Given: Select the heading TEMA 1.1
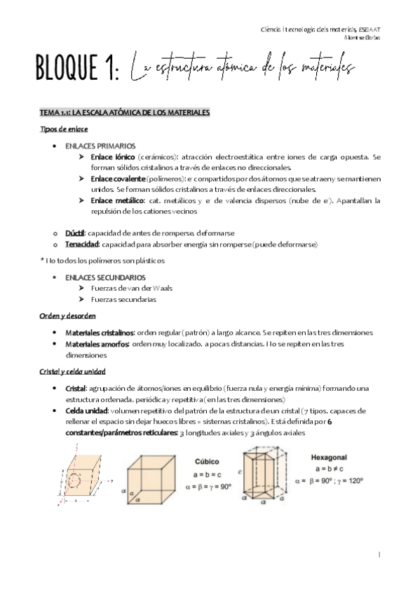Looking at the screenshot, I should [x=124, y=112].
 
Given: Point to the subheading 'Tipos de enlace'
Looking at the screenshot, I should [x=64, y=129].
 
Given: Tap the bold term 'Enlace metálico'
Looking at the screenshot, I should [x=117, y=200].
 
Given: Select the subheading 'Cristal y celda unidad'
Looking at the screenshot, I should [x=73, y=371].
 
